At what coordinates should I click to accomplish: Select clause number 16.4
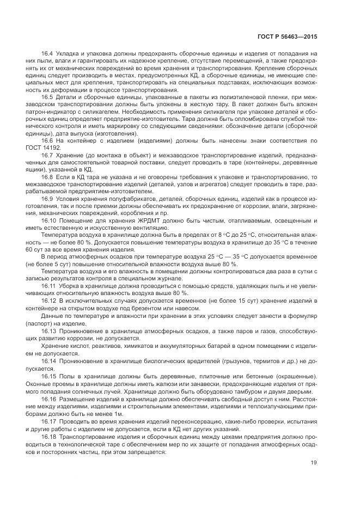pos(48,53)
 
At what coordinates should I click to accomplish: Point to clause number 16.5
pos(48,96)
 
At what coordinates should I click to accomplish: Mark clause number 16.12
pos(49,301)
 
